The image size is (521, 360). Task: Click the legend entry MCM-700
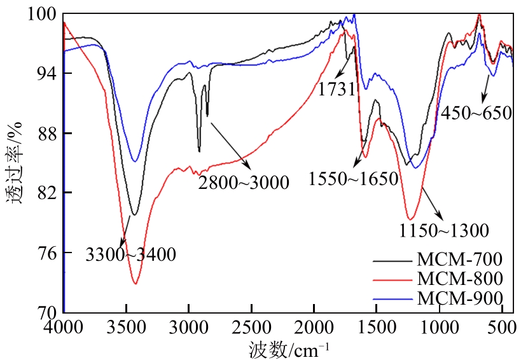tap(461, 260)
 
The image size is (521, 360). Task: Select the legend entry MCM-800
tap(461, 278)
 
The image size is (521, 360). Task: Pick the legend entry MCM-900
tap(461, 296)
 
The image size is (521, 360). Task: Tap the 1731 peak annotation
tap(337, 89)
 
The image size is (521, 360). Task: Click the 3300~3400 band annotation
tap(130, 256)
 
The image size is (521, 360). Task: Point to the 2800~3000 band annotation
tap(244, 183)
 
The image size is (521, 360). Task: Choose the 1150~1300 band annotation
tap(443, 230)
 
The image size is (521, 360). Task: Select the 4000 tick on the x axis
tap(64, 326)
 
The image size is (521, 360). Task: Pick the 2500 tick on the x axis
tap(251, 326)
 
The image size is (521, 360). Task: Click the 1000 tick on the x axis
tap(440, 326)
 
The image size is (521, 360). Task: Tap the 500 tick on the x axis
tap(503, 326)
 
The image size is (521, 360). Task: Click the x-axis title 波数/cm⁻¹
tap(289, 348)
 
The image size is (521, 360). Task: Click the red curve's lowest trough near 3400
tap(135, 284)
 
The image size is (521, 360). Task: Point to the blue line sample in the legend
tap(390, 296)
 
